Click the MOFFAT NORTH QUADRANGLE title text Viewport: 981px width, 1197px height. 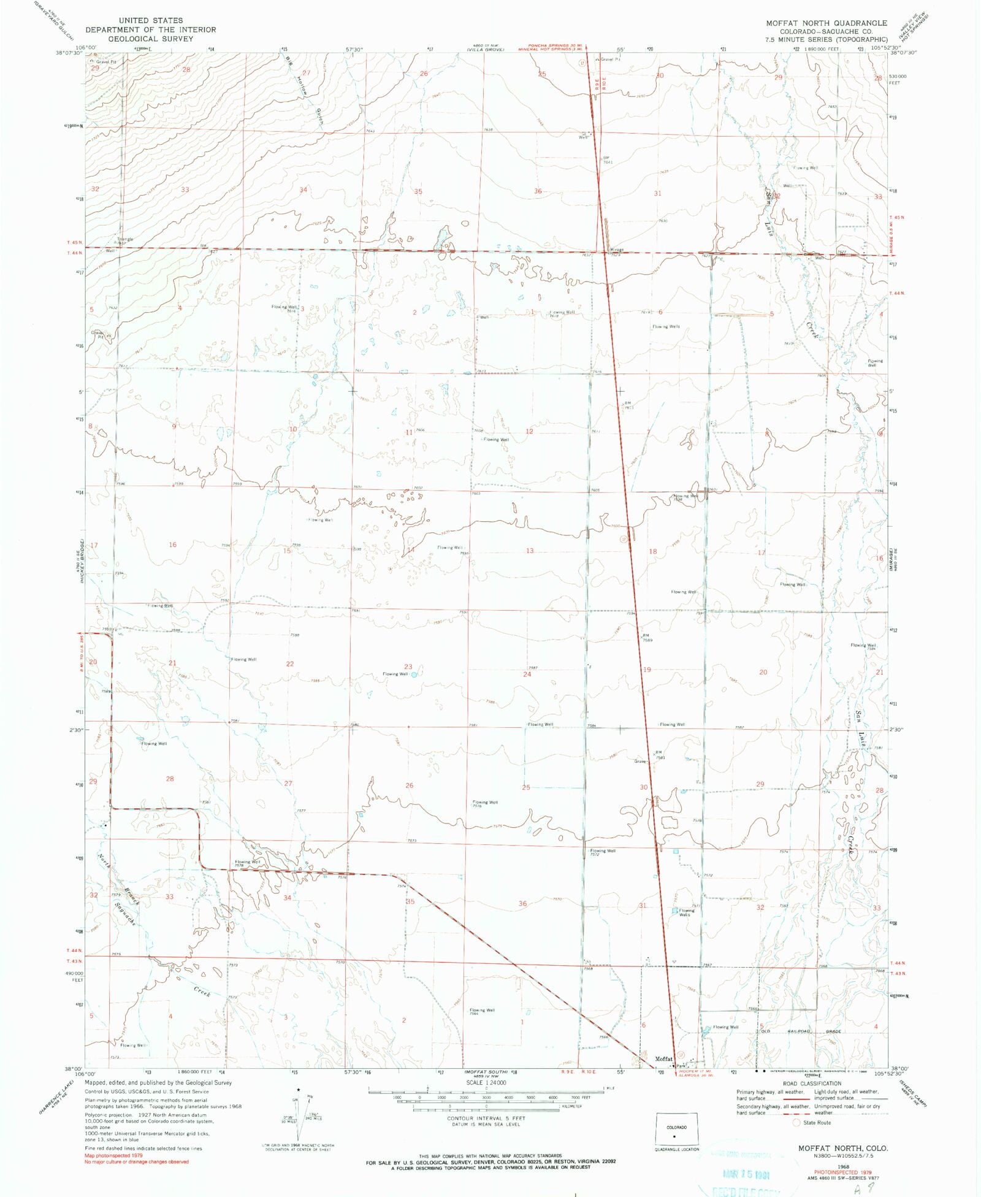point(826,23)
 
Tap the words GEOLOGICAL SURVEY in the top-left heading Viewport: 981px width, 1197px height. point(151,39)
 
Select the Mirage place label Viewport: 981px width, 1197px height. point(616,250)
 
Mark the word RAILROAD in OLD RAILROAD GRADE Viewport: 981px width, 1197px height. point(799,1031)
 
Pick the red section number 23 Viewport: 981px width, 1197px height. point(408,667)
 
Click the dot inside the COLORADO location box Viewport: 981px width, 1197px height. point(674,1136)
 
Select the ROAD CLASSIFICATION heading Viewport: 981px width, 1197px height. point(812,1084)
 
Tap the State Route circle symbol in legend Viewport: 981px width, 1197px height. point(796,1123)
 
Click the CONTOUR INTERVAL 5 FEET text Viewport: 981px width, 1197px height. point(486,1118)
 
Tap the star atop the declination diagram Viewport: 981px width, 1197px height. point(298,1090)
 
